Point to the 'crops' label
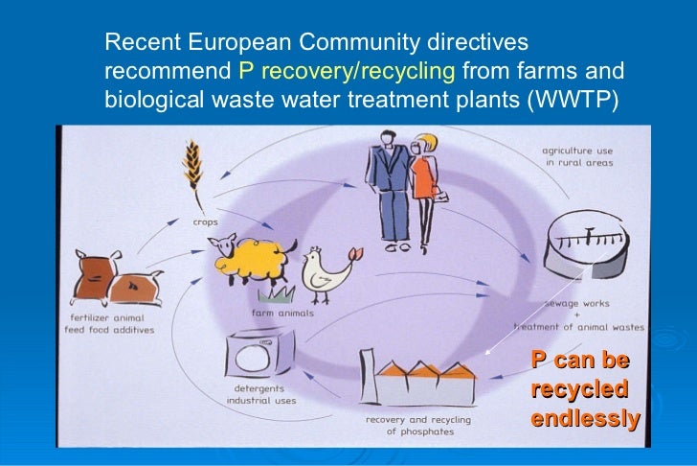205,221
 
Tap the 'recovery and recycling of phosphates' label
418,426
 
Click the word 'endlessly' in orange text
585,419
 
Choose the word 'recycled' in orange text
579,390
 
